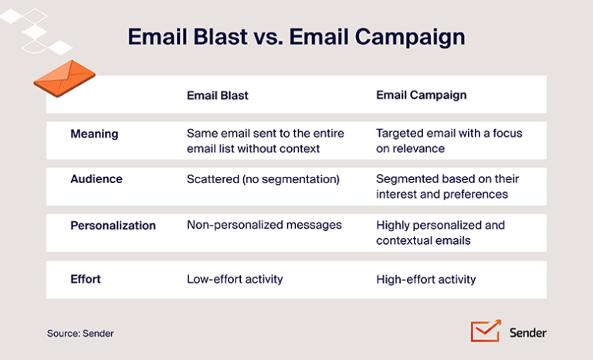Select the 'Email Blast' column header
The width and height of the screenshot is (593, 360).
pyautogui.click(x=218, y=95)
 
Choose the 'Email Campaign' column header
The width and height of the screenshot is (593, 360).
pyautogui.click(x=422, y=95)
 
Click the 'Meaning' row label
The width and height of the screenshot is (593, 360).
pyautogui.click(x=94, y=134)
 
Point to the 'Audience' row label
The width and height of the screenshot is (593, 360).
pyautogui.click(x=97, y=178)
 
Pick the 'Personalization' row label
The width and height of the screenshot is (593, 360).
pyautogui.click(x=113, y=226)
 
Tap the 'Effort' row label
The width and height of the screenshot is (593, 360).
pyautogui.click(x=85, y=279)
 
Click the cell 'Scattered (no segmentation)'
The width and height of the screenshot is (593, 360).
pyautogui.click(x=263, y=178)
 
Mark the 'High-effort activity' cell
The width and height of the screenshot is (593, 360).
pyautogui.click(x=426, y=279)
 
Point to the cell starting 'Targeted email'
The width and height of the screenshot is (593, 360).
pyautogui.click(x=449, y=141)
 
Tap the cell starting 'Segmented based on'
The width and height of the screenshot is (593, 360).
pyautogui.click(x=447, y=186)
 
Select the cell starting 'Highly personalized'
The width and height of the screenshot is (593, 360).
pyautogui.click(x=440, y=233)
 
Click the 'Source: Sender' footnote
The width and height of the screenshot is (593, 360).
pyautogui.click(x=80, y=333)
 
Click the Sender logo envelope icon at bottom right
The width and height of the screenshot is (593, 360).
pyautogui.click(x=486, y=331)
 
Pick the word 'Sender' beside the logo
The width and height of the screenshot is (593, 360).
pyautogui.click(x=528, y=332)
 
